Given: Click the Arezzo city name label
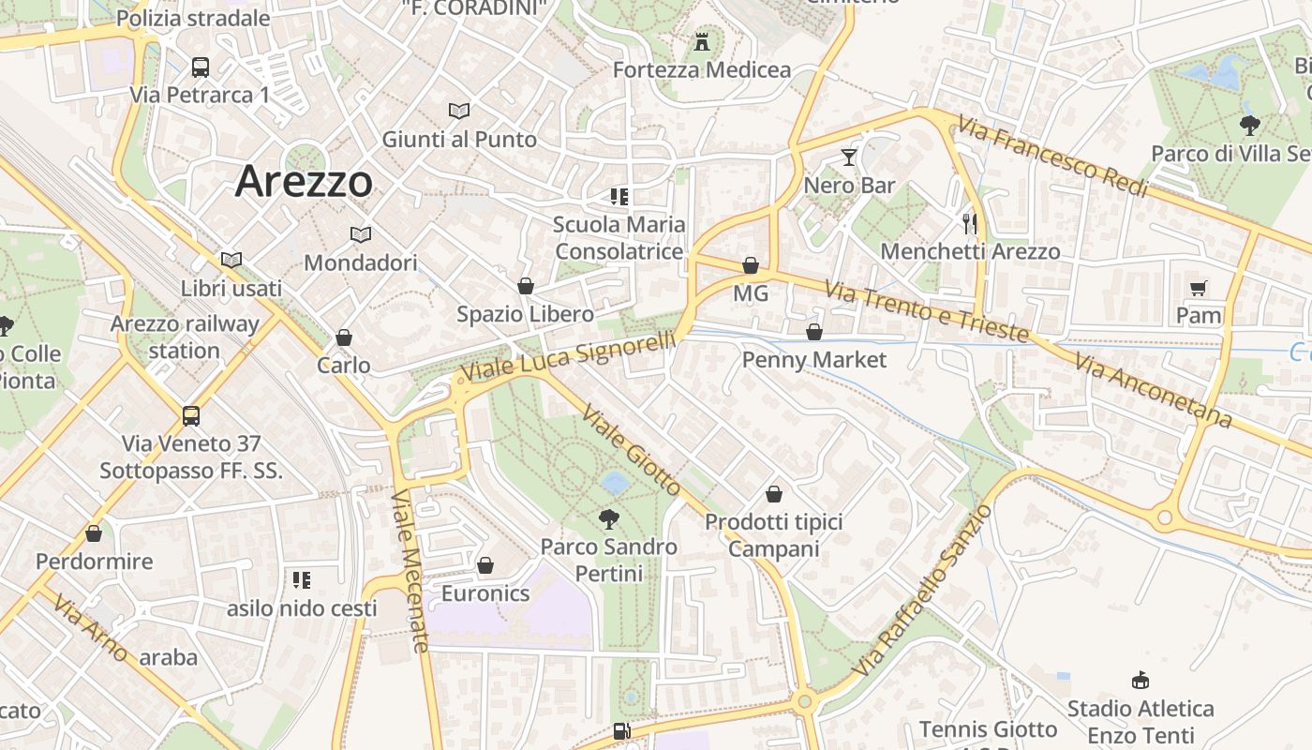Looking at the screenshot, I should coord(304,181).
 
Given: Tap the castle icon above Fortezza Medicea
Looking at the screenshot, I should coord(702,41).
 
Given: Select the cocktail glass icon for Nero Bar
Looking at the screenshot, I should coord(849,157).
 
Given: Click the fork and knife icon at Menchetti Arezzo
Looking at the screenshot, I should coord(970,223).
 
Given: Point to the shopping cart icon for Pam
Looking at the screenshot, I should coord(1198,288).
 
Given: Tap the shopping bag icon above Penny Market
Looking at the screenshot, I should coord(814,332).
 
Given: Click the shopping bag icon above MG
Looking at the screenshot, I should coord(750,265).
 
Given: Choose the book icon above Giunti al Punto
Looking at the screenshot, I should coord(458,111).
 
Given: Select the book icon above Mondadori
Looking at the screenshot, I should coord(360,234).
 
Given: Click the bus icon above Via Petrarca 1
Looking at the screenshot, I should coord(200,67).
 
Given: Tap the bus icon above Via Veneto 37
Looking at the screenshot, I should coord(191,415).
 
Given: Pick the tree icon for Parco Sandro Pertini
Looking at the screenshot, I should coord(608,518).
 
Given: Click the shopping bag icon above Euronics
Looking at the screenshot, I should coord(485,565).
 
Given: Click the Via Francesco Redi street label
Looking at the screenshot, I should coord(1052,157).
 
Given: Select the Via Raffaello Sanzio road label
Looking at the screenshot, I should coord(923,590).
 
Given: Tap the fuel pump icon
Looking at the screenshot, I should coord(621,731).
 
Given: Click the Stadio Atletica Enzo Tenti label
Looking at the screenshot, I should coord(1141,722).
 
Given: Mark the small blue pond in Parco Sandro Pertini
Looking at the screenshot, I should coord(616,483).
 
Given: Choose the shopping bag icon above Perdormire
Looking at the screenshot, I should coord(94,533).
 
